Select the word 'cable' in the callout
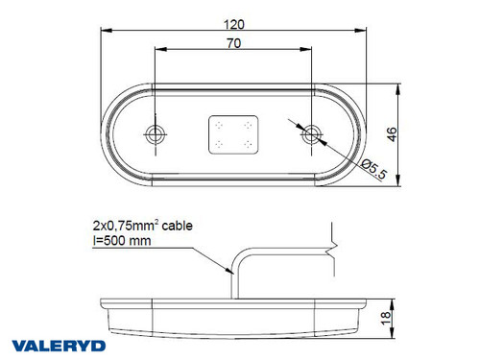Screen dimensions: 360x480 click(177, 228)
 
